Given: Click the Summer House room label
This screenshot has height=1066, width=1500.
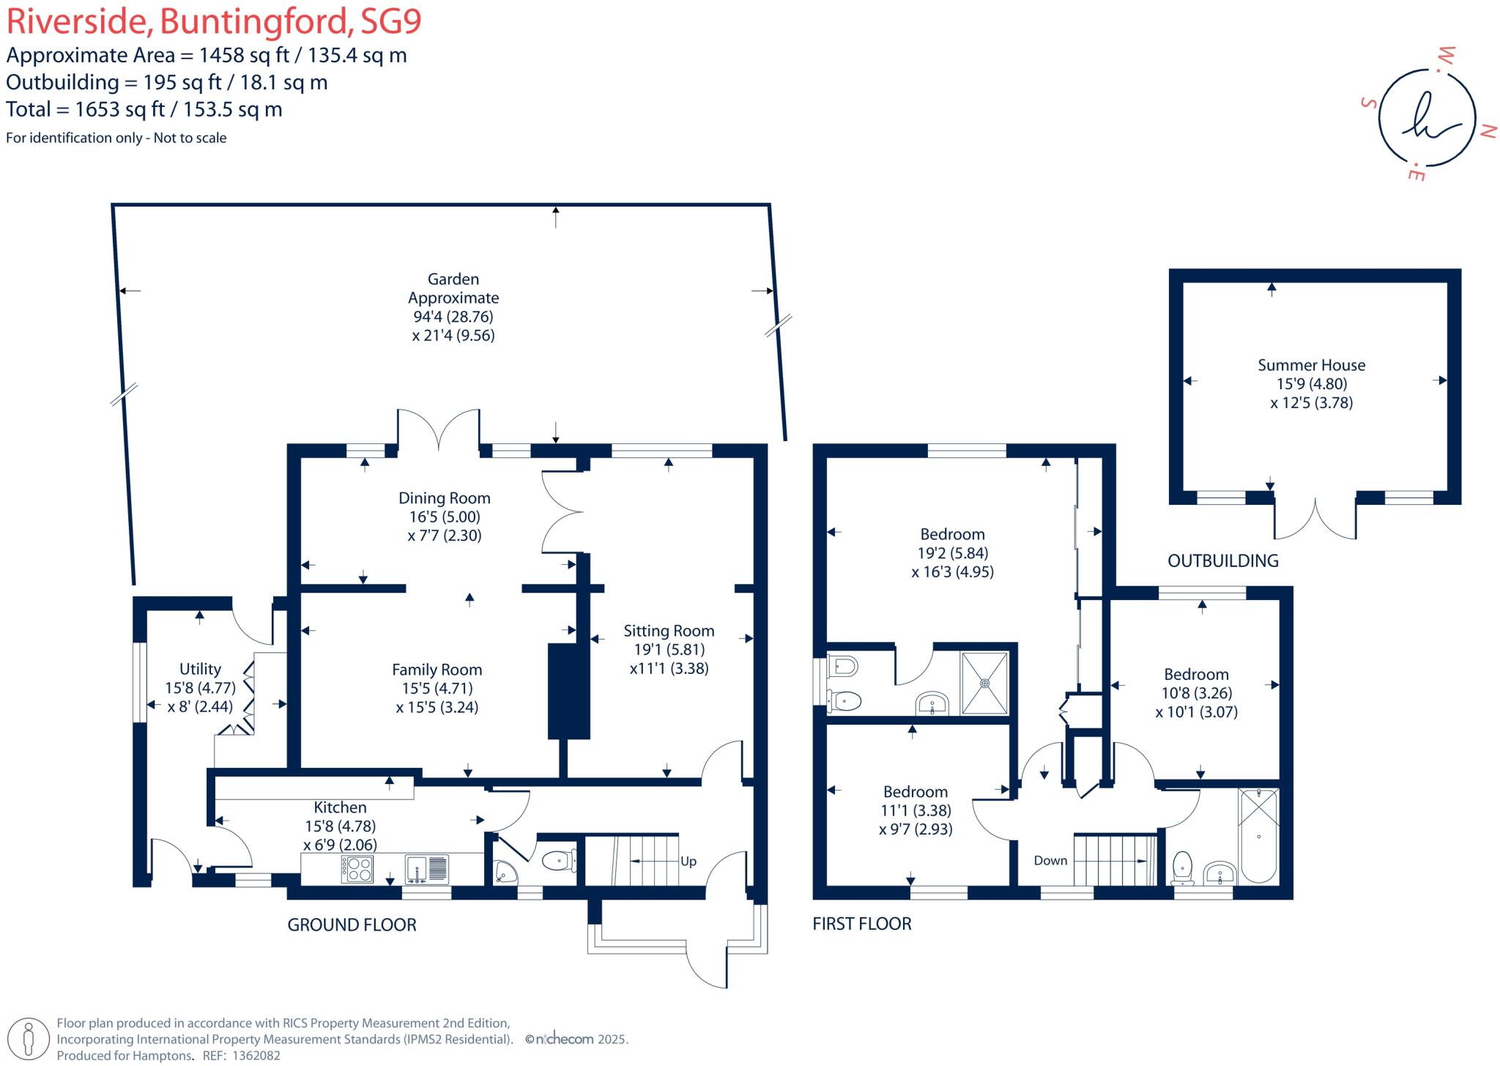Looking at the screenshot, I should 1311,365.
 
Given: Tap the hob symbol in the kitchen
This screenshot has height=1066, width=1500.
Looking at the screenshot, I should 357,869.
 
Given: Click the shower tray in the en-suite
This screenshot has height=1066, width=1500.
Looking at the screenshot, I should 984,683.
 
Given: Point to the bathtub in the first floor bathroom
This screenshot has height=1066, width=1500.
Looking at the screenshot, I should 1258,835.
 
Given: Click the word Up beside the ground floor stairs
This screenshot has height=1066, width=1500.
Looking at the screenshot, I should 688,862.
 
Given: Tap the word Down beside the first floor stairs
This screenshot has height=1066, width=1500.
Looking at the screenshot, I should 1050,861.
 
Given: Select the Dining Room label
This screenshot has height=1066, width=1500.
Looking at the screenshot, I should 444,498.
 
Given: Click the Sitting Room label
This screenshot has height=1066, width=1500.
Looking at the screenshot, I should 669,631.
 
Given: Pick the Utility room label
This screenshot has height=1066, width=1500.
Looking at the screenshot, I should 200,669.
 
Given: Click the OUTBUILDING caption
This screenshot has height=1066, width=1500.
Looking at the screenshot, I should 1222,561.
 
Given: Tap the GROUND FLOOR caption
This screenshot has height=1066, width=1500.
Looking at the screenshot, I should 352,925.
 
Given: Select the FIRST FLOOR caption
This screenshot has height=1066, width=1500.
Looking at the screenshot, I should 861,924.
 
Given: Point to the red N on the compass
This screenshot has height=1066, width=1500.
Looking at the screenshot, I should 1488,132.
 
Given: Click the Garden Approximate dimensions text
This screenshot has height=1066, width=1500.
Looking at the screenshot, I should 453,308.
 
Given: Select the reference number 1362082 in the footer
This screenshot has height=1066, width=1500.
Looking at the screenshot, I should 256,1056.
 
